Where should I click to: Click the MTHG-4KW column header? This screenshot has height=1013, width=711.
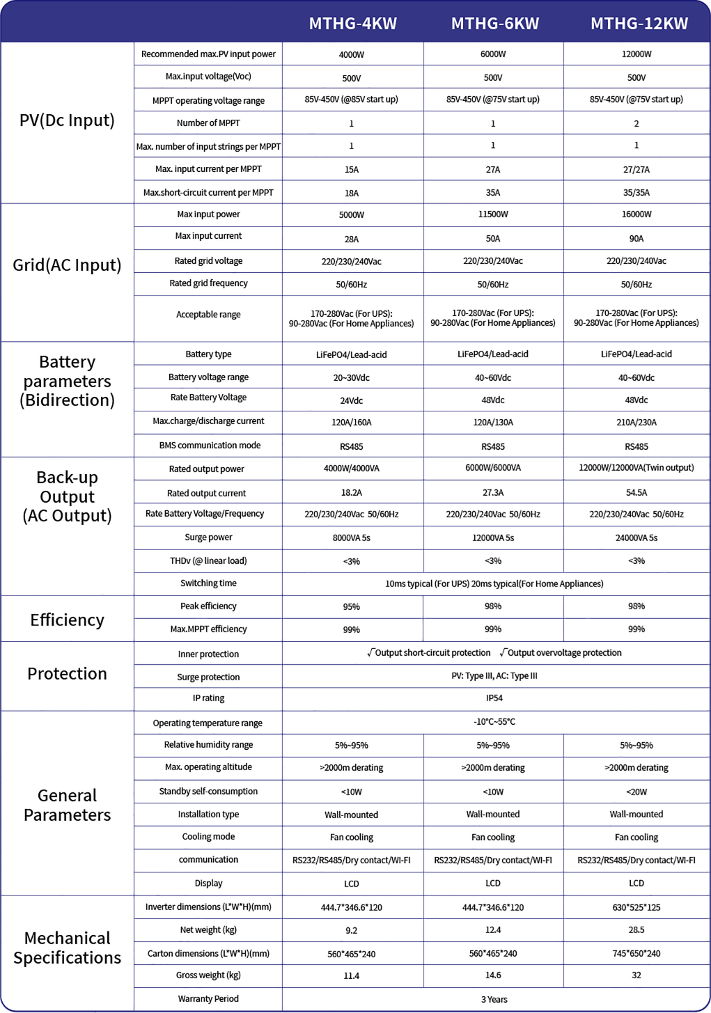point(352,24)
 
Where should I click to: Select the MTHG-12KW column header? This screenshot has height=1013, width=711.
point(639,24)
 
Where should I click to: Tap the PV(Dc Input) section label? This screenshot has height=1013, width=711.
point(67,120)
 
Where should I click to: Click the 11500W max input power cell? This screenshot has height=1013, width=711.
point(493,214)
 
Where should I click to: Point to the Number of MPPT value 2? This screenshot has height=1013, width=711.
point(636,124)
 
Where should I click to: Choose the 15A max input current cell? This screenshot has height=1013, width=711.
point(352,170)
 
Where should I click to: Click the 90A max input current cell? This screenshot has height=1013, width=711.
point(636,239)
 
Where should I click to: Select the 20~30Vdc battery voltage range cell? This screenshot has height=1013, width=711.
point(352,378)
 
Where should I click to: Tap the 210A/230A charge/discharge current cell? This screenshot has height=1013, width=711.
point(636,423)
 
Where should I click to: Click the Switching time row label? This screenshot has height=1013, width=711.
point(208,583)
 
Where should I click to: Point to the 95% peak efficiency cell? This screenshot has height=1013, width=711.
point(352,607)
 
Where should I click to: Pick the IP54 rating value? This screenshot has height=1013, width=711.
point(494,698)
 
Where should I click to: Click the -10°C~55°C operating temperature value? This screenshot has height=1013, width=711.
point(494,722)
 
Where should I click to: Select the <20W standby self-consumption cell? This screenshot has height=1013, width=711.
point(636,792)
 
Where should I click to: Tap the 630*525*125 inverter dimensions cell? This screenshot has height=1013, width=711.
point(636,908)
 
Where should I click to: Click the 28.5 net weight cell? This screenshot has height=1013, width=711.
point(636,930)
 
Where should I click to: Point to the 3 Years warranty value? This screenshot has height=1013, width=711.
point(494,1000)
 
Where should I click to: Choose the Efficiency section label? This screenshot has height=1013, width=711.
point(67,620)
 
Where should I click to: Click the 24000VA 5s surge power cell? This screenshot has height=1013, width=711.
point(636,538)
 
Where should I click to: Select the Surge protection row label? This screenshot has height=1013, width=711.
point(208,677)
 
